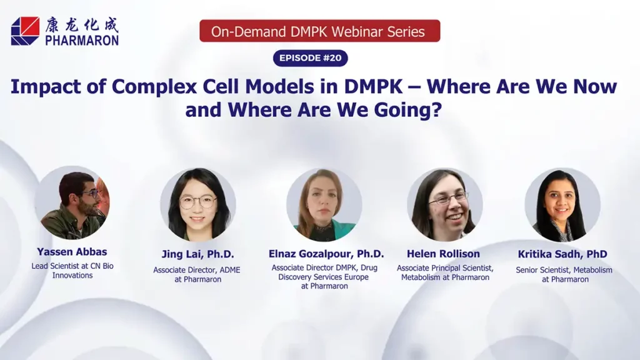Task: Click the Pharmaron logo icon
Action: (25, 31)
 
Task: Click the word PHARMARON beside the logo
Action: (81, 40)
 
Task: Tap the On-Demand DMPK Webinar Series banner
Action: (319, 31)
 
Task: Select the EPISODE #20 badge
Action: (310, 58)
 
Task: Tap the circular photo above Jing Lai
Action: (197, 204)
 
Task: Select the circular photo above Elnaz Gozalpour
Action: (324, 204)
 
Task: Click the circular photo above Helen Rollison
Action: (445, 204)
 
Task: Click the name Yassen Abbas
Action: (72, 252)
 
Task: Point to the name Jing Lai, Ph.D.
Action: (197, 254)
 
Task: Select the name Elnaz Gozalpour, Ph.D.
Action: (326, 254)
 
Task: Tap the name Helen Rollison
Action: (443, 254)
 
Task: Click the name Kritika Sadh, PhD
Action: (562, 254)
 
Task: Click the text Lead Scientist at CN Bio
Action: (72, 266)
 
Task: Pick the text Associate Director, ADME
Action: (197, 270)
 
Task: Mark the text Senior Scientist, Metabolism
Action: (564, 270)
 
